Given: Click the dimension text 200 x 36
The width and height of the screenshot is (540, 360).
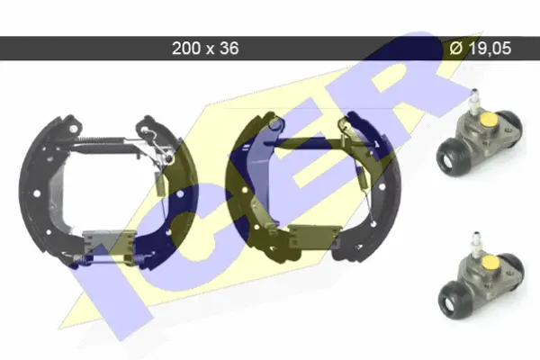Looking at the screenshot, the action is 205,49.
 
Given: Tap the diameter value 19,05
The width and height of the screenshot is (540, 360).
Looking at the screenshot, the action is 490,49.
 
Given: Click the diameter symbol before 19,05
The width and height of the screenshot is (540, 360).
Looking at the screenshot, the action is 456,49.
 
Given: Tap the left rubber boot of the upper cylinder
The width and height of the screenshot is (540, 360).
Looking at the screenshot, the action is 451,156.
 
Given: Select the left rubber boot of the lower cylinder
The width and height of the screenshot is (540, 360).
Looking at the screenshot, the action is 453,299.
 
